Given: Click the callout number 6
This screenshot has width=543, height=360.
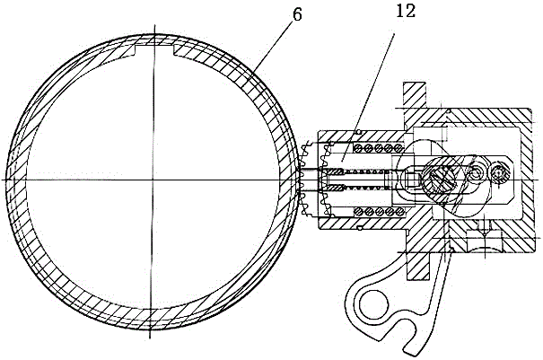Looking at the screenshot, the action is [297, 14].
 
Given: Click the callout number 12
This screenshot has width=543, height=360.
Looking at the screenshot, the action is [407, 11].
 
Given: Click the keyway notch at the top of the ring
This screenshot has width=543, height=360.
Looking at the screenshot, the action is [153, 49].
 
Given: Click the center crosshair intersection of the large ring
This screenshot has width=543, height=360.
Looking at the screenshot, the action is [153, 180].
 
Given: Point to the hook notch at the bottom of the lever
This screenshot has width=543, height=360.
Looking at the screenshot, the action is [404, 333].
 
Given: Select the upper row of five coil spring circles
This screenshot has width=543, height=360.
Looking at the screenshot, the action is [378, 148].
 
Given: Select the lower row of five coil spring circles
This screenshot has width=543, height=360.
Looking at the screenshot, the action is [378, 211].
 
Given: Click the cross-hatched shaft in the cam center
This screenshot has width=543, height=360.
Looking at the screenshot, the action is [441, 180].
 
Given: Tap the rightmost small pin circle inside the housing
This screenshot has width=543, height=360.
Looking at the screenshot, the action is [499, 172].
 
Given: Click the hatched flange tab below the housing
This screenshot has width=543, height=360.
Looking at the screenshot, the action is [417, 266].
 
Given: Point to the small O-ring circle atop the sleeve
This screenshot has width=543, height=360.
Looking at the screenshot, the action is [359, 132].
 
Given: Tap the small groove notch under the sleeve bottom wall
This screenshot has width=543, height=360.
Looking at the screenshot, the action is [360, 228].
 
